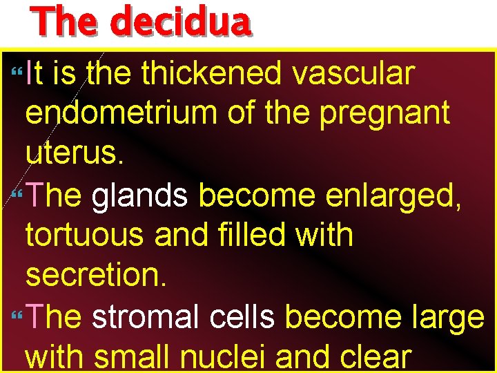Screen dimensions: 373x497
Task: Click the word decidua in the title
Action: pos(180,22)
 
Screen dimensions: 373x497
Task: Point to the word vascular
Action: pos(353,74)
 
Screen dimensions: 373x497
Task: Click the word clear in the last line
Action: pos(373,357)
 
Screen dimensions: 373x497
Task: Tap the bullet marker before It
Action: pos(17,72)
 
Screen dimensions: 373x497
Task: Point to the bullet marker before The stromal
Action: pos(17,316)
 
